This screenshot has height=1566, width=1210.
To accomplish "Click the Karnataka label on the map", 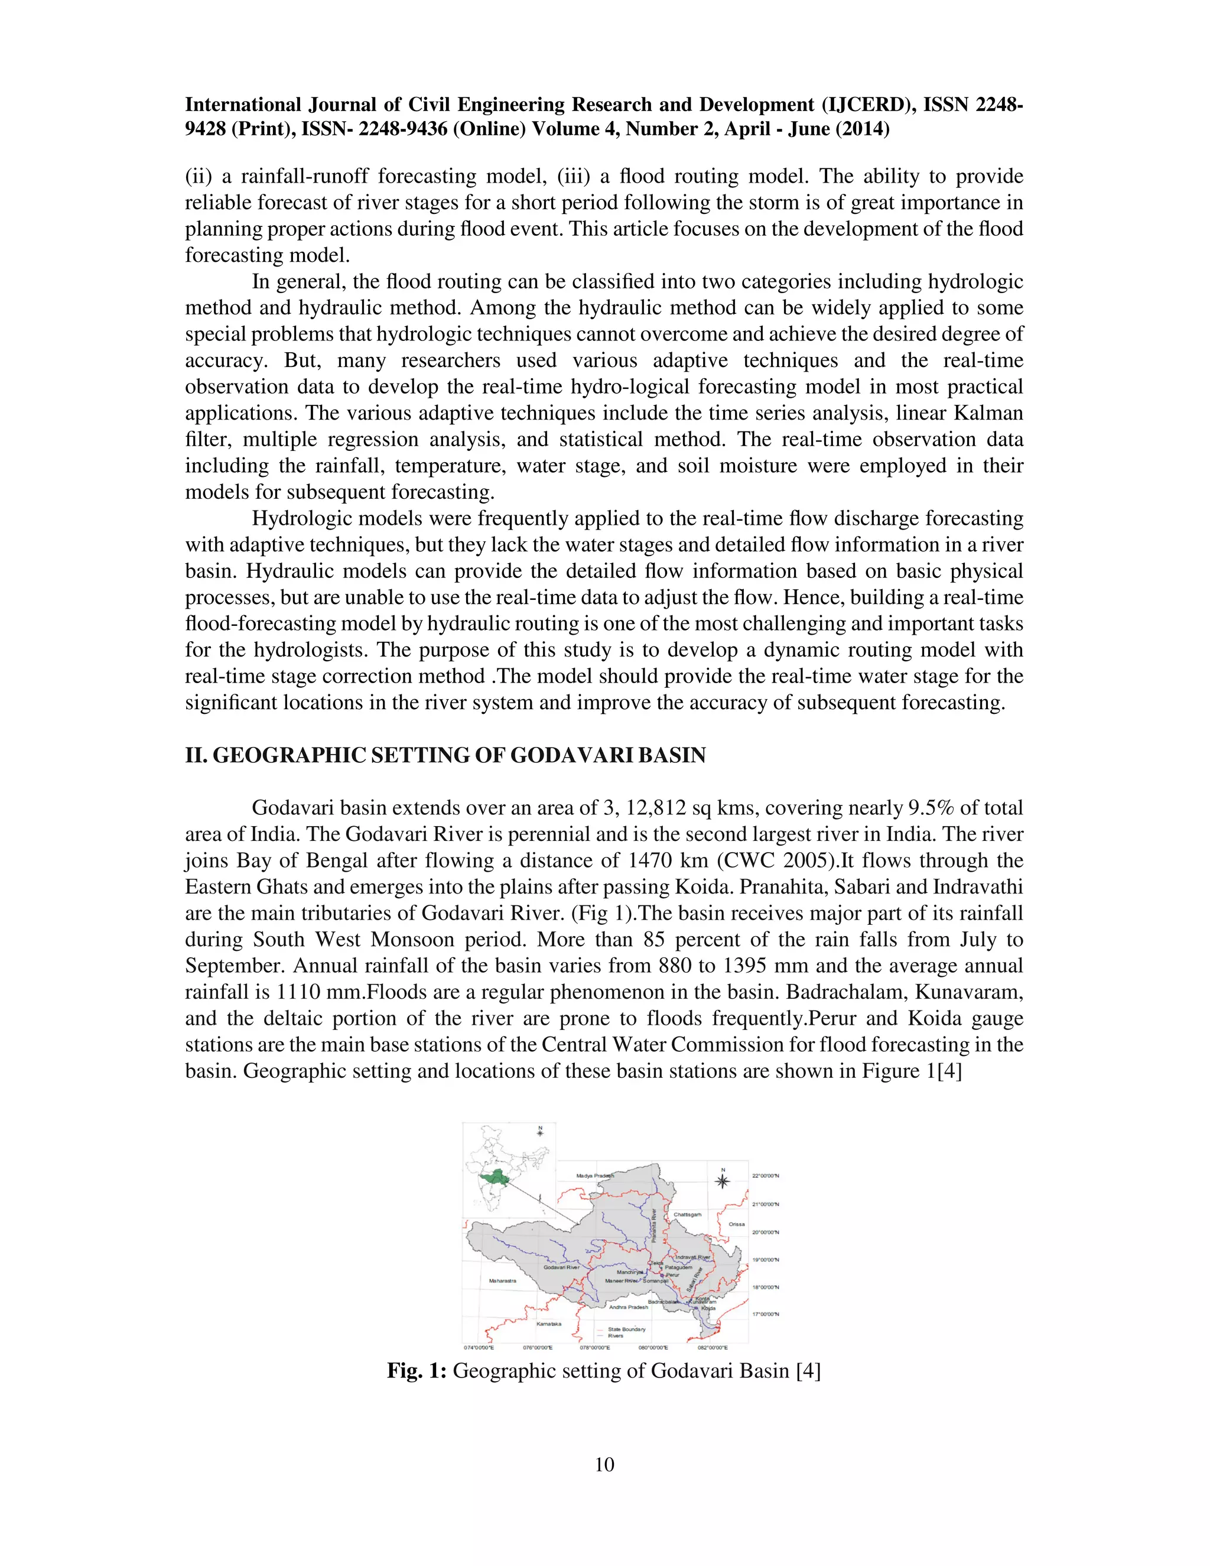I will pos(549,1324).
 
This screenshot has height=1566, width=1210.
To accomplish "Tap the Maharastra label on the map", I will pos(503,1281).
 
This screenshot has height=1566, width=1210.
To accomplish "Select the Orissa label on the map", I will pos(737,1224).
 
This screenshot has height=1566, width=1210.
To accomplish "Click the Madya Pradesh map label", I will pos(595,1176).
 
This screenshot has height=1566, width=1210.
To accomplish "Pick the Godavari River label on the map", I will pos(561,1268).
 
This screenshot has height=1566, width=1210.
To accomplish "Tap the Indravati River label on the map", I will pos(693,1257).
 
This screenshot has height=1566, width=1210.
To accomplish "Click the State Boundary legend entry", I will pos(626,1328).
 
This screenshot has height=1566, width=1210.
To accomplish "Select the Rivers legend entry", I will pos(616,1336).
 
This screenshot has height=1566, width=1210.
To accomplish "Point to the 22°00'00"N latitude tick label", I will pos(766,1176).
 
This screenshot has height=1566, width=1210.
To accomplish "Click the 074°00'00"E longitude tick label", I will pos(479,1347).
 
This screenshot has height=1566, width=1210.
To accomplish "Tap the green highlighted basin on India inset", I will pos(494,1177).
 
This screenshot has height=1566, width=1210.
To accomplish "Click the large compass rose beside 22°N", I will pos(723,1180).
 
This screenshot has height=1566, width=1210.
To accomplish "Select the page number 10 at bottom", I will pos(604,1464).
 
